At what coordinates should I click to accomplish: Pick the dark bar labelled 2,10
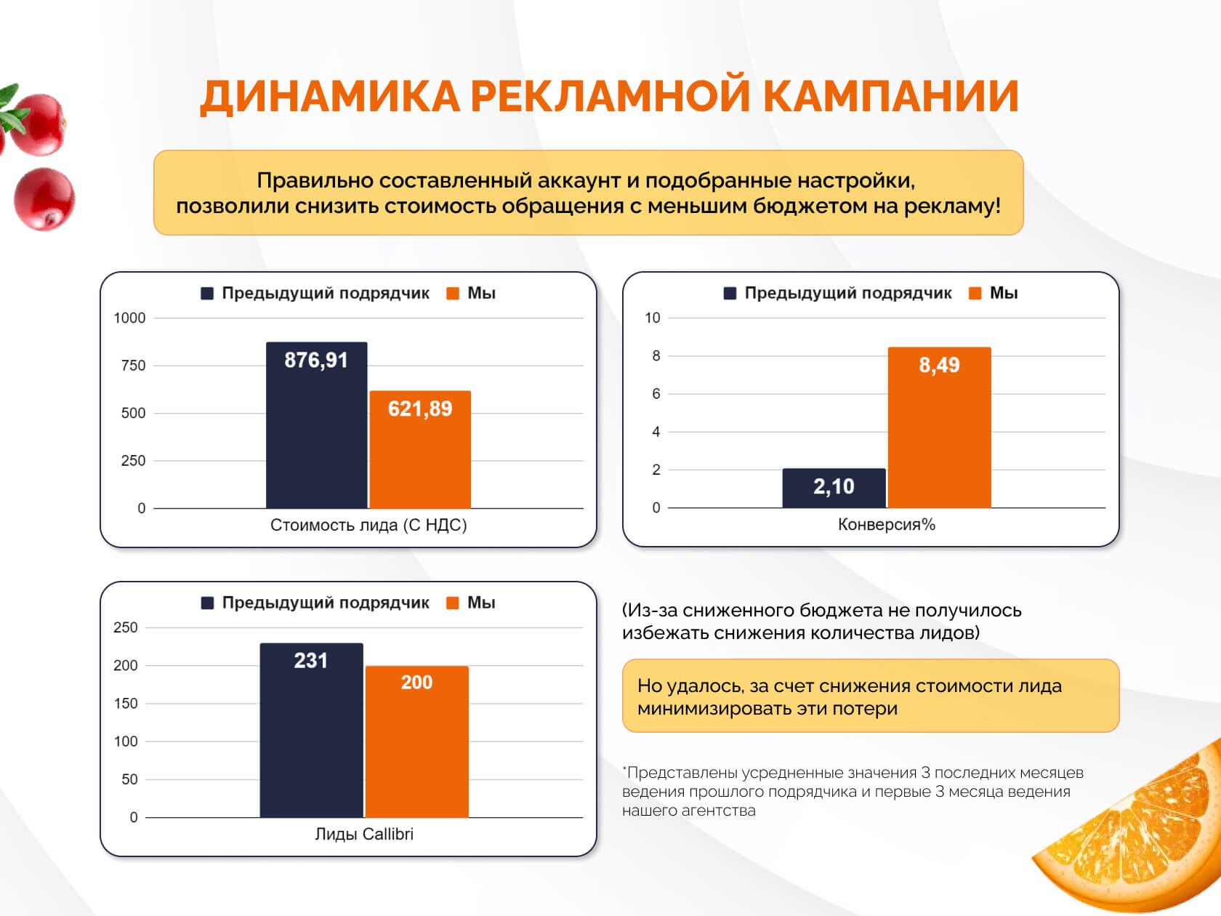[834, 488]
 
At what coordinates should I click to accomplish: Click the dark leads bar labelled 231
[311, 730]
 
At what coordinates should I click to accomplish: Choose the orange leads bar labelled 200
[416, 742]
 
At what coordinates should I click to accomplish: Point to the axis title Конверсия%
[886, 524]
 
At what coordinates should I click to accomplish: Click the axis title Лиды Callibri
[363, 834]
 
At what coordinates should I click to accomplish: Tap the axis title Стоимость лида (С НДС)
[368, 525]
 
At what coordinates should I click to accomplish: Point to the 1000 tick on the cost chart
[129, 318]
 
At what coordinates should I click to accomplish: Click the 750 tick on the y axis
[133, 366]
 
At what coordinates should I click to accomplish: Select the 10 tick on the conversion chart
[652, 318]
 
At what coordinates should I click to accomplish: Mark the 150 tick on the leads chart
[125, 703]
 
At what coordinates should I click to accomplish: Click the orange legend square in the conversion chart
[975, 293]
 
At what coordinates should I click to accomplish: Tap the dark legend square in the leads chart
[207, 603]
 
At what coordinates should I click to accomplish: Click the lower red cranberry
[44, 198]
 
